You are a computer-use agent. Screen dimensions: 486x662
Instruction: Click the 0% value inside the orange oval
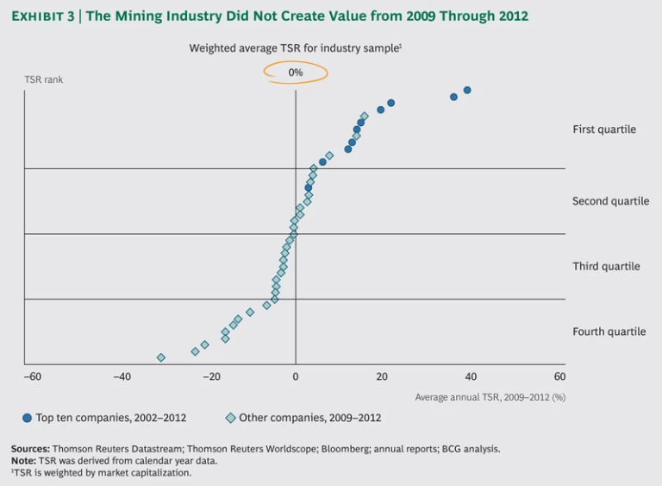[x=296, y=73]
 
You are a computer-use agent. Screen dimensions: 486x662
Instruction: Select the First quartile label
[x=604, y=129]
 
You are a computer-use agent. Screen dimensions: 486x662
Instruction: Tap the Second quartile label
[x=610, y=201]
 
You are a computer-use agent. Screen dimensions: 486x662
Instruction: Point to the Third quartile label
[x=606, y=267]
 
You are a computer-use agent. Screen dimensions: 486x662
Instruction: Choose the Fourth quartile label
[x=609, y=331]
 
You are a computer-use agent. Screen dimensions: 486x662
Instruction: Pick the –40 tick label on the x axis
[x=120, y=377]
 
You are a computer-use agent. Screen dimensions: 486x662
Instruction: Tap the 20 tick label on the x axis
[x=383, y=377]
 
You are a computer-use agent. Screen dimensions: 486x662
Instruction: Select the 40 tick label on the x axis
[x=471, y=377]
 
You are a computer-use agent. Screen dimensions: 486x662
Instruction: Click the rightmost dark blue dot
[x=467, y=90]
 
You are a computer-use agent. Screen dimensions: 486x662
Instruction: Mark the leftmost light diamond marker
[x=160, y=357]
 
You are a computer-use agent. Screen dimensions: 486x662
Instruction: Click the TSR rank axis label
[x=43, y=79]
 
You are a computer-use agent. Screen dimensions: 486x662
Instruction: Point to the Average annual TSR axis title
[x=490, y=397]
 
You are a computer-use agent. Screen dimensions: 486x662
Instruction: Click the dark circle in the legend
[x=28, y=418]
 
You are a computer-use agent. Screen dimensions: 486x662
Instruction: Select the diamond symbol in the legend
[x=230, y=418]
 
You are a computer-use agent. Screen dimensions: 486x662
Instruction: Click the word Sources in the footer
[x=30, y=449]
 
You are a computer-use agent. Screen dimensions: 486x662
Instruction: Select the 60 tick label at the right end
[x=559, y=377]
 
